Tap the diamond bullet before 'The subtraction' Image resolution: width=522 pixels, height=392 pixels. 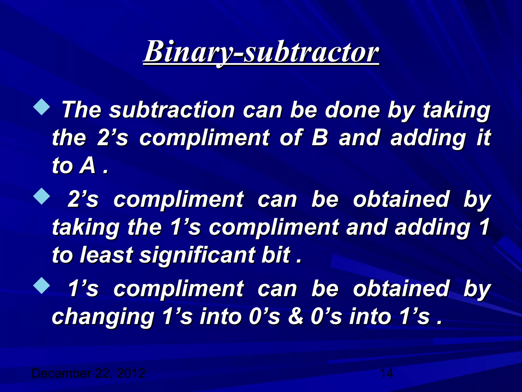pyautogui.click(x=42, y=108)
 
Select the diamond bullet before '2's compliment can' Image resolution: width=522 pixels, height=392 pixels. pyautogui.click(x=42, y=197)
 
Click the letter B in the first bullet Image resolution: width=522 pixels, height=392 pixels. pyautogui.click(x=320, y=138)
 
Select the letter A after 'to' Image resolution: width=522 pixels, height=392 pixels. pyautogui.click(x=88, y=166)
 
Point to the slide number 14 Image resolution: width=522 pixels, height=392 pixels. pyautogui.click(x=386, y=373)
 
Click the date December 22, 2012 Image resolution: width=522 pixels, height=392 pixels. pyautogui.click(x=88, y=373)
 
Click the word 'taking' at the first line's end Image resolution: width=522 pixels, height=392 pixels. pyautogui.click(x=456, y=111)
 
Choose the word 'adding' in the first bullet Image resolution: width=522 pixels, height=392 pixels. pyautogui.click(x=428, y=138)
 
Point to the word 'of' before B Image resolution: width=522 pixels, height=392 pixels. pyautogui.click(x=291, y=138)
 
